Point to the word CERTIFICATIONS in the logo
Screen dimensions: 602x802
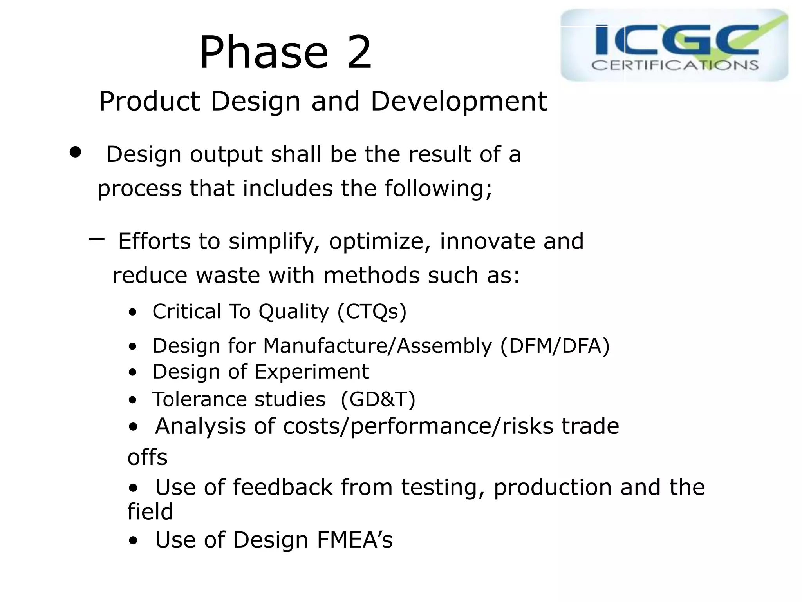(674, 65)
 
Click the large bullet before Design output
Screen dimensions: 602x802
(75, 152)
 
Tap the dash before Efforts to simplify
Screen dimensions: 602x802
(97, 239)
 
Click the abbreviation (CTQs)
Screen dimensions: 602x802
(372, 312)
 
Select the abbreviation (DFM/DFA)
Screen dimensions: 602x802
(555, 346)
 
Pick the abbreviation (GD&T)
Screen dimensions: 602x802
(378, 400)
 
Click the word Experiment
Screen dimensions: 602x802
(312, 372)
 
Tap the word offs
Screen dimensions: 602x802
(147, 457)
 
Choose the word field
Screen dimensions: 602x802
(150, 512)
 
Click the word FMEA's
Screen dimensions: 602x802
(354, 540)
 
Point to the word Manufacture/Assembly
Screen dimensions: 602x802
(377, 346)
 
